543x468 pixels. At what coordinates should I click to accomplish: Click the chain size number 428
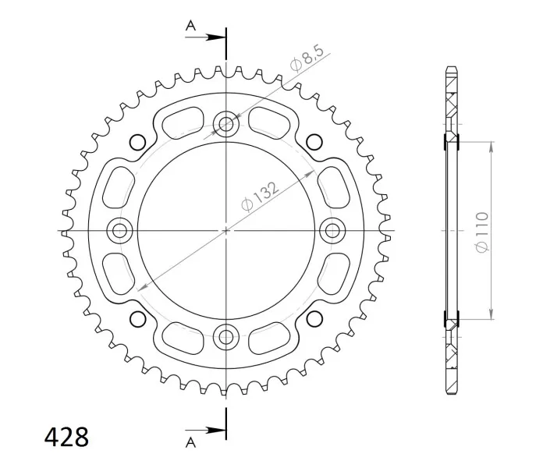[x=66, y=438]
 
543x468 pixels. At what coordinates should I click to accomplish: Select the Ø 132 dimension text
[x=260, y=197]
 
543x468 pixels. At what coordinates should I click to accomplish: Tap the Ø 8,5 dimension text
[x=307, y=58]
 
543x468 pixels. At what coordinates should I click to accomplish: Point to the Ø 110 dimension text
[x=482, y=232]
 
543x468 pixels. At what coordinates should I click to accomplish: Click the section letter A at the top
[x=190, y=25]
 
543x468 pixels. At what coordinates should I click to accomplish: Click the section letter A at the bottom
[x=190, y=442]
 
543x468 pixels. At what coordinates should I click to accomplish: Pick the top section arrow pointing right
[x=205, y=37]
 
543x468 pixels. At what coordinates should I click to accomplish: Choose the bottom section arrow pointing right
[x=205, y=431]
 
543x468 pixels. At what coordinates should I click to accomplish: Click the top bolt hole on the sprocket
[x=225, y=124]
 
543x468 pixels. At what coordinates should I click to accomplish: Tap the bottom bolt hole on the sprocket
[x=225, y=336]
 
